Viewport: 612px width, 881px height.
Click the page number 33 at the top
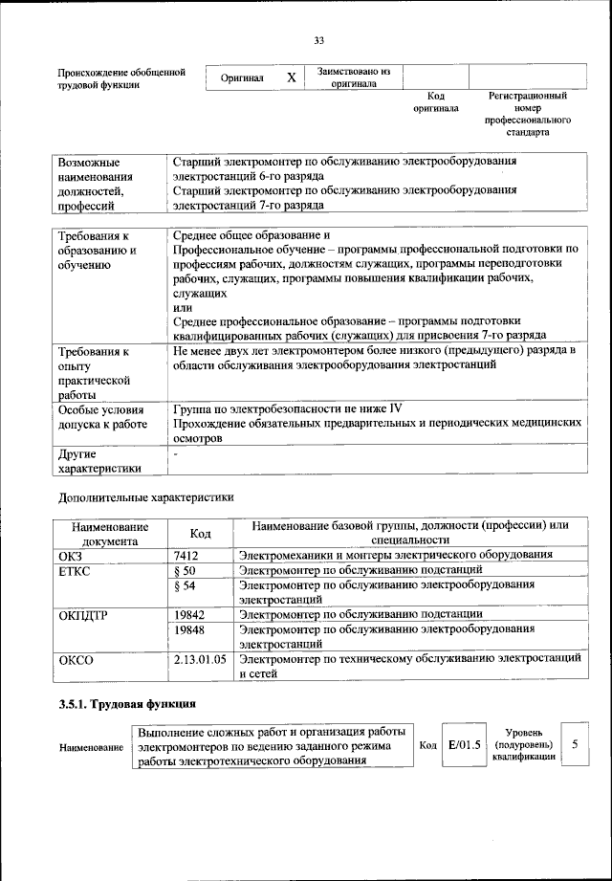(x=319, y=39)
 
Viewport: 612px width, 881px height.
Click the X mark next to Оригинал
(x=291, y=77)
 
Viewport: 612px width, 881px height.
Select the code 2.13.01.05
(x=200, y=659)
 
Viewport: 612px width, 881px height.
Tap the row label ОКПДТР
(x=83, y=614)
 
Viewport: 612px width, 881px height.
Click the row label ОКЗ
(x=72, y=555)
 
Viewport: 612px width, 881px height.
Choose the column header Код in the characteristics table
(x=201, y=534)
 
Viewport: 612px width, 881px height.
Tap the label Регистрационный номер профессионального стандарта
(x=528, y=114)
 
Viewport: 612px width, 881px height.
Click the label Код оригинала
(x=436, y=102)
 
